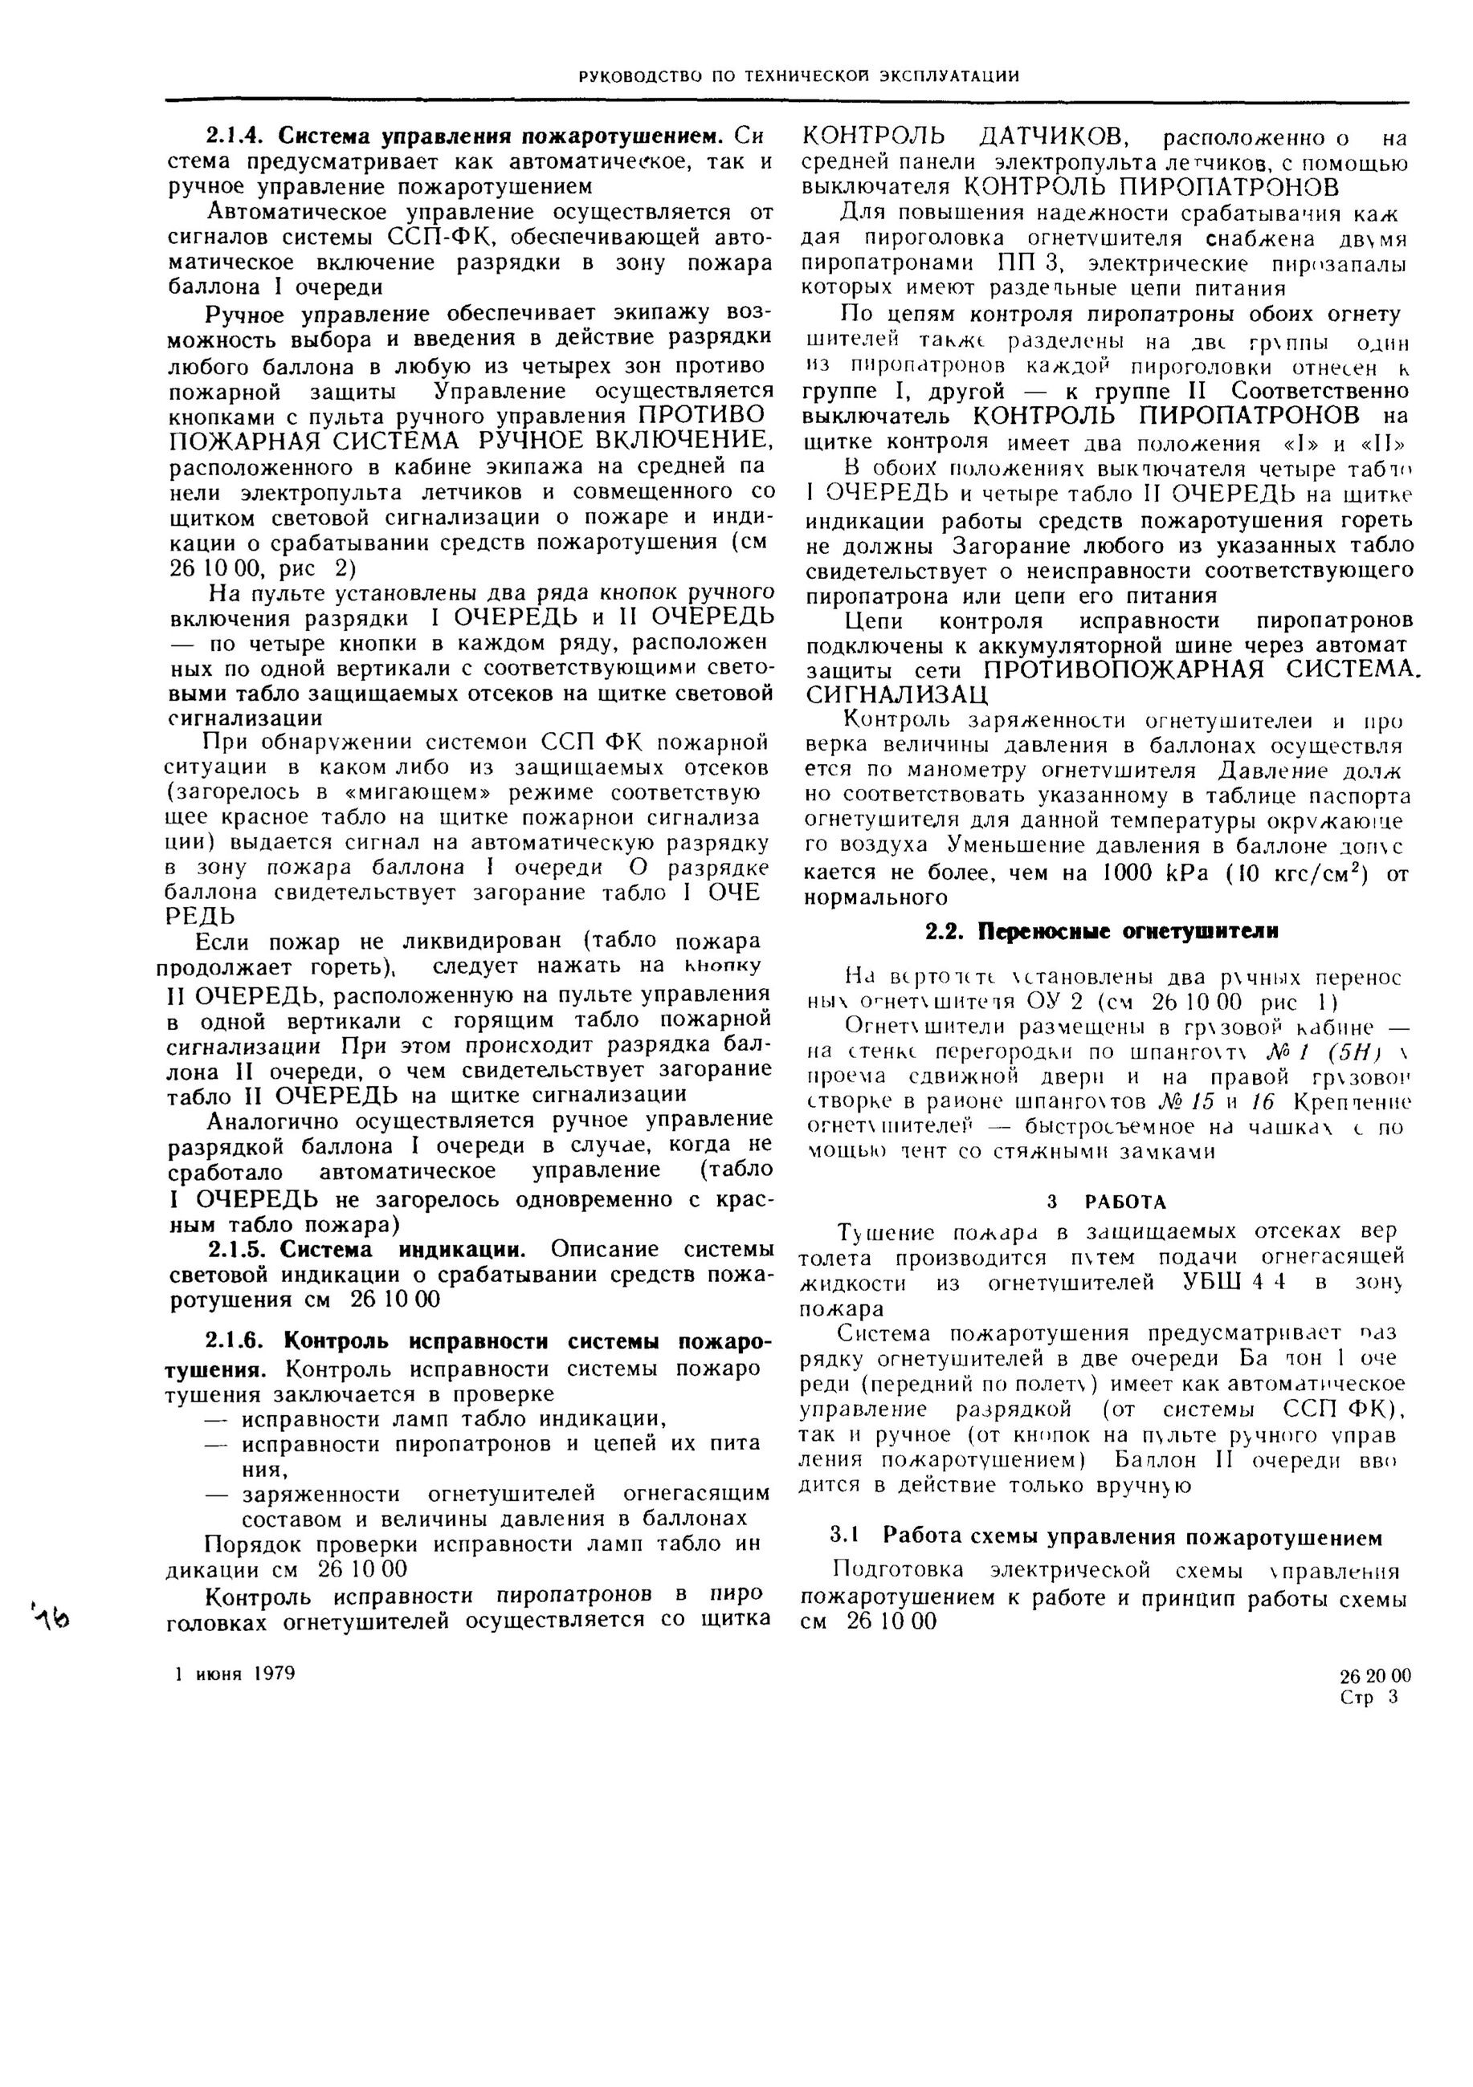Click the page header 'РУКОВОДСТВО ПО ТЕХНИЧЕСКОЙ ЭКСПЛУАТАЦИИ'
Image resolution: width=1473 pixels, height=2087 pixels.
tap(798, 76)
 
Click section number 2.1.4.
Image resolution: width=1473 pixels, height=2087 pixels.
tap(236, 136)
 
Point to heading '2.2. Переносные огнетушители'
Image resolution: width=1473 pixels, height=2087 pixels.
tap(1101, 932)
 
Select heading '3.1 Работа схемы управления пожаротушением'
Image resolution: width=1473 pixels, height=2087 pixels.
tap(1106, 1537)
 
